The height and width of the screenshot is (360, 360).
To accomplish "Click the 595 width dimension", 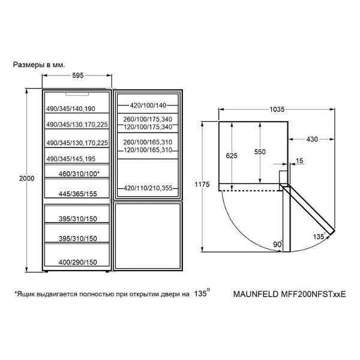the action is pyautogui.click(x=78, y=76).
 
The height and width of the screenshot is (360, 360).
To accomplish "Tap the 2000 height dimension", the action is pyautogui.click(x=26, y=178).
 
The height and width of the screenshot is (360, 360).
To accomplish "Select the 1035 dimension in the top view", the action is pyautogui.click(x=277, y=109).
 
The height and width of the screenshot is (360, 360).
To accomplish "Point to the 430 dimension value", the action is pyautogui.click(x=312, y=139).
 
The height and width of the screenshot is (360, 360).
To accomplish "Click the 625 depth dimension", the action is pyautogui.click(x=232, y=155).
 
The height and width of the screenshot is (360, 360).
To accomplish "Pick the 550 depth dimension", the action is pyautogui.click(x=260, y=152).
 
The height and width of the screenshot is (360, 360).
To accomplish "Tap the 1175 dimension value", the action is pyautogui.click(x=202, y=184).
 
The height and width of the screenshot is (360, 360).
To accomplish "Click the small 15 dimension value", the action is pyautogui.click(x=299, y=161).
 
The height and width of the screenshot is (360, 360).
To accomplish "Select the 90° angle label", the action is pyautogui.click(x=278, y=244).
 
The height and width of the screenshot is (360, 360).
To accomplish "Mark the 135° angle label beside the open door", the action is pyautogui.click(x=319, y=236).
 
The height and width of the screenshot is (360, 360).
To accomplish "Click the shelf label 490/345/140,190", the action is pyautogui.click(x=71, y=109).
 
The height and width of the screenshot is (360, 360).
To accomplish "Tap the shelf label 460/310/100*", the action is pyautogui.click(x=79, y=174).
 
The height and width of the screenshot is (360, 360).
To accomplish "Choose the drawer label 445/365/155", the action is pyautogui.click(x=77, y=194).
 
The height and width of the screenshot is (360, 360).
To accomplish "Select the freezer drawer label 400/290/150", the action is pyautogui.click(x=77, y=262).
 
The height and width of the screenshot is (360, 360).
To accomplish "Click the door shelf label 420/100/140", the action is pyautogui.click(x=148, y=106).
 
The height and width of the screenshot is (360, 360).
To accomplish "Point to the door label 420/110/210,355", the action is pyautogui.click(x=148, y=188).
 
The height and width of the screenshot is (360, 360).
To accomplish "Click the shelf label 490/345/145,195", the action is pyautogui.click(x=71, y=159).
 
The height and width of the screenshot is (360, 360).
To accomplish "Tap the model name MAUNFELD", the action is pyautogui.click(x=256, y=294).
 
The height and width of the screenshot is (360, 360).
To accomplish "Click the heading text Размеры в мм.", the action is pyautogui.click(x=39, y=65).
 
